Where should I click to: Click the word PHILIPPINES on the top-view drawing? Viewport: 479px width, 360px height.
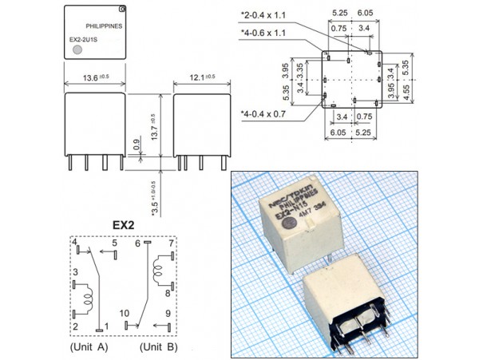[x=103, y=26]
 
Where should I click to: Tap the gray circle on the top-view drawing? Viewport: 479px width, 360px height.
[x=77, y=50]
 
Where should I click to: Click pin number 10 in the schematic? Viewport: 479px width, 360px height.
[x=125, y=314]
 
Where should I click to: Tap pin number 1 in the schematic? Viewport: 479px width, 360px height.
[x=106, y=326]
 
